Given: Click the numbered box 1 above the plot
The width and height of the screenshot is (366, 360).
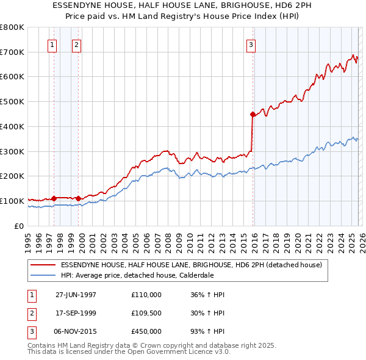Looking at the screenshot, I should coord(52,44).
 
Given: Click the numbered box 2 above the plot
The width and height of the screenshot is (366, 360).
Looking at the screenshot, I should coord(76,44).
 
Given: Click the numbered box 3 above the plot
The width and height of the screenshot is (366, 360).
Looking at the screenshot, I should coord(251,44).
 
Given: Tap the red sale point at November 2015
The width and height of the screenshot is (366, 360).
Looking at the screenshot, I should coord(253,113).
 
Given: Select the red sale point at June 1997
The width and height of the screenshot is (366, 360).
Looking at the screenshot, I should coord(54,198).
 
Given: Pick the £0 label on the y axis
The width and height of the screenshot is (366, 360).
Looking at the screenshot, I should coord(19,226).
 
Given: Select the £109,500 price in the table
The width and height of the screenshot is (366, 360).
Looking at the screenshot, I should coord(146,313).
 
